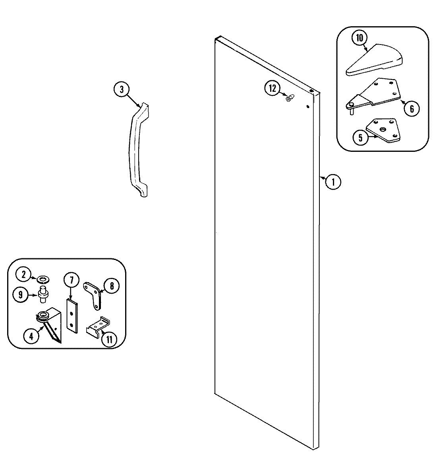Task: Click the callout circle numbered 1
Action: (333, 182)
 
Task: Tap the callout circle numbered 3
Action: (122, 89)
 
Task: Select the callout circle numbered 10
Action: (359, 38)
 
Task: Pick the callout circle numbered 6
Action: (412, 108)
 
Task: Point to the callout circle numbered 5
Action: (360, 138)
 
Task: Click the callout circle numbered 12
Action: (273, 89)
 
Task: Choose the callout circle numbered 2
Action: (23, 274)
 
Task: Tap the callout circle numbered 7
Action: (71, 281)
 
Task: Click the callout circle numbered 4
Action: (31, 336)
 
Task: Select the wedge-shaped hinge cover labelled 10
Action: (375, 60)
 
